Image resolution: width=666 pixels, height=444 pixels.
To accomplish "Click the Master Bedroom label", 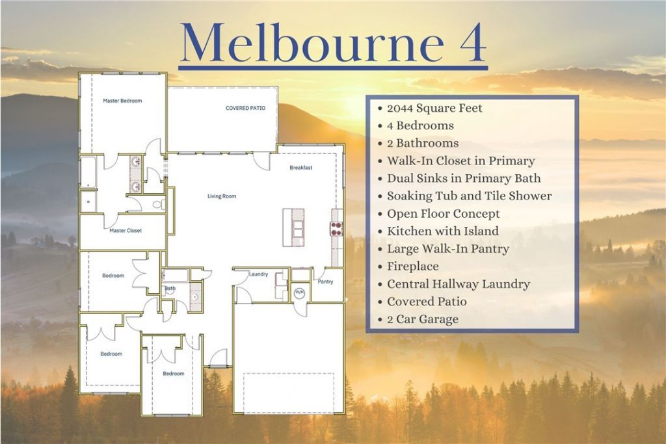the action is (122, 101).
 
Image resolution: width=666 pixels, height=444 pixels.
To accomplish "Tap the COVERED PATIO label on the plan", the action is (245, 109).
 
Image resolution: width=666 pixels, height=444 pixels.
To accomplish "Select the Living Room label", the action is (222, 196).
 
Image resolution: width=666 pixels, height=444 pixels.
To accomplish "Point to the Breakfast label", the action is (300, 168).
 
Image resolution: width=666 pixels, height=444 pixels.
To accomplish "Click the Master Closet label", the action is (126, 231).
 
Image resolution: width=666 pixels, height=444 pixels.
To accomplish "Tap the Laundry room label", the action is (258, 274).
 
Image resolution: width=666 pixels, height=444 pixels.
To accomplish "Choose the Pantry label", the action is (325, 281).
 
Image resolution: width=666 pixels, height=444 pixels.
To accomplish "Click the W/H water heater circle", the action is (299, 293).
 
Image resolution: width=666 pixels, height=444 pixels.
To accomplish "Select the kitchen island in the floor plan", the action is (293, 228).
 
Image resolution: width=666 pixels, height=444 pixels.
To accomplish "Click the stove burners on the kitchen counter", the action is (336, 228).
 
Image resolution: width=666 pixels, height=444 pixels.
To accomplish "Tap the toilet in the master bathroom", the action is (159, 205).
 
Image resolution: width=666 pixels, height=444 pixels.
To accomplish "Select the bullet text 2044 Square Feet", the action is (434, 109).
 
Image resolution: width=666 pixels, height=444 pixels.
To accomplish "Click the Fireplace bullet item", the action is (412, 267).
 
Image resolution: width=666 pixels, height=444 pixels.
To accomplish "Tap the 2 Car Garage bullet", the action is (423, 319).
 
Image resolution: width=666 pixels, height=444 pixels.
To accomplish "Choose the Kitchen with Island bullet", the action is (442, 231).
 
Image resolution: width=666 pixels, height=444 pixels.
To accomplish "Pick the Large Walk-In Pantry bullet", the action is (447, 249).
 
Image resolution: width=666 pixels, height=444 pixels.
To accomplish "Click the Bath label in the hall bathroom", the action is (170, 288).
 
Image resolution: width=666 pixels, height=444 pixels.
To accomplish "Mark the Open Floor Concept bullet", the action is (443, 214).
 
